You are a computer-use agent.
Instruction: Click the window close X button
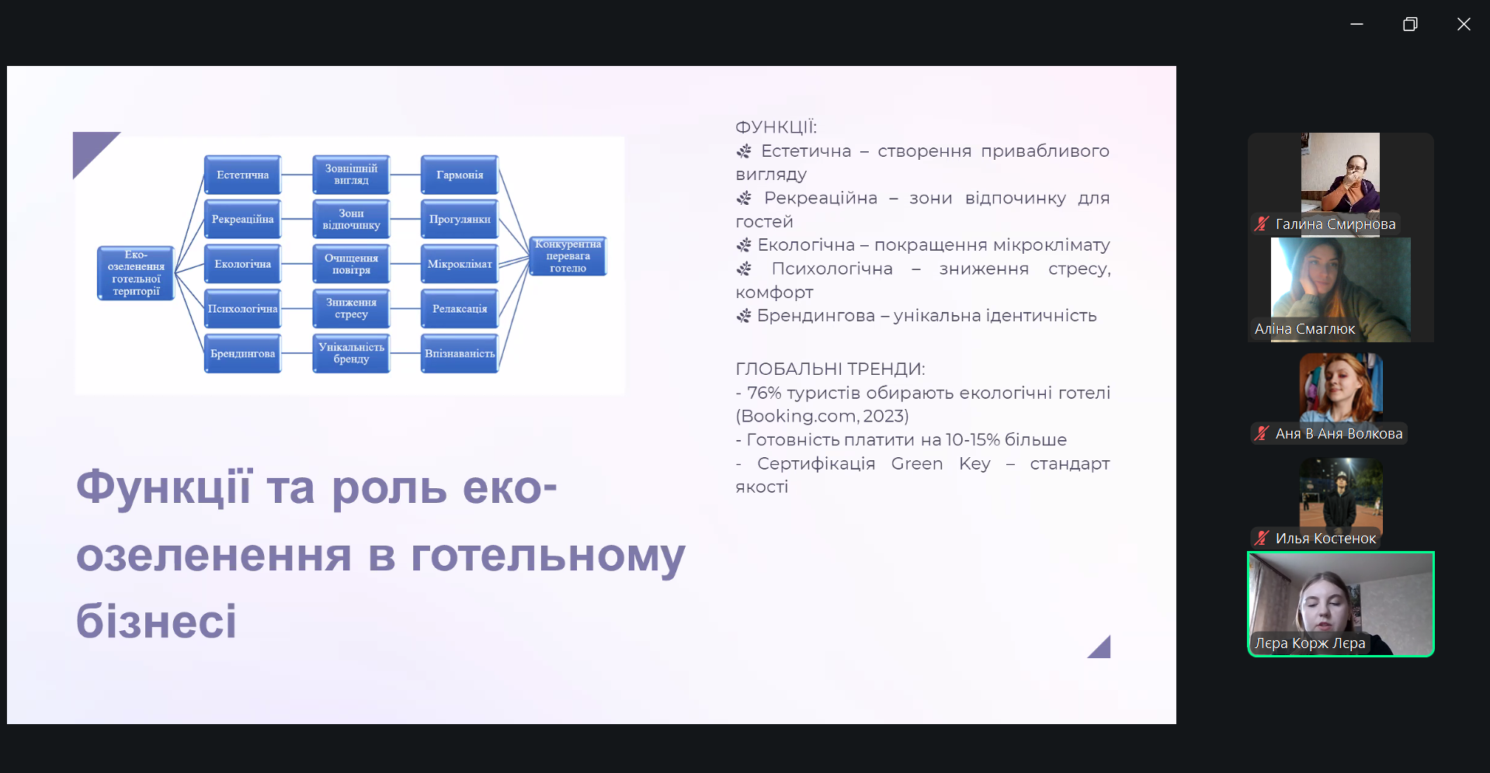tap(1464, 24)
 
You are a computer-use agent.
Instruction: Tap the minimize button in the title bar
tap(1356, 24)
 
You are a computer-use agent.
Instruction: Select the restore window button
tap(1410, 24)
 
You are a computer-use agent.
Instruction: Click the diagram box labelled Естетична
tap(243, 175)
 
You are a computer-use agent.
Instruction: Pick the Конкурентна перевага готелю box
tap(568, 256)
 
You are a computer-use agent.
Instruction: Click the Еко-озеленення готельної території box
tap(136, 273)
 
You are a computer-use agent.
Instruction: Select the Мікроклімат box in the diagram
tap(460, 264)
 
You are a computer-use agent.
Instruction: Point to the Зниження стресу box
tap(351, 309)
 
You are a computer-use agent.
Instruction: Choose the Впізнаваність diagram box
tap(460, 354)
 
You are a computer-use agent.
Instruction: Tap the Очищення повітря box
tap(351, 264)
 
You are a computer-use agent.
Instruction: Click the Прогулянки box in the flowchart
tap(460, 220)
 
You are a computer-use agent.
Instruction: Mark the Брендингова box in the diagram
tap(243, 354)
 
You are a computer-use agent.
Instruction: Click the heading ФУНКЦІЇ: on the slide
tap(776, 127)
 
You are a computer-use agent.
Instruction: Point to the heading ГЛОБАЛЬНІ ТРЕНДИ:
tap(830, 369)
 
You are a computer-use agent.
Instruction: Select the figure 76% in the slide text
tap(764, 393)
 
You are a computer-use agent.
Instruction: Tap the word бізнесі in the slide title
tap(156, 621)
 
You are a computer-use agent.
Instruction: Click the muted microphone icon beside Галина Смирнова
tap(1262, 224)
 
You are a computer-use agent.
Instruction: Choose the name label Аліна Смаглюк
tap(1305, 329)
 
